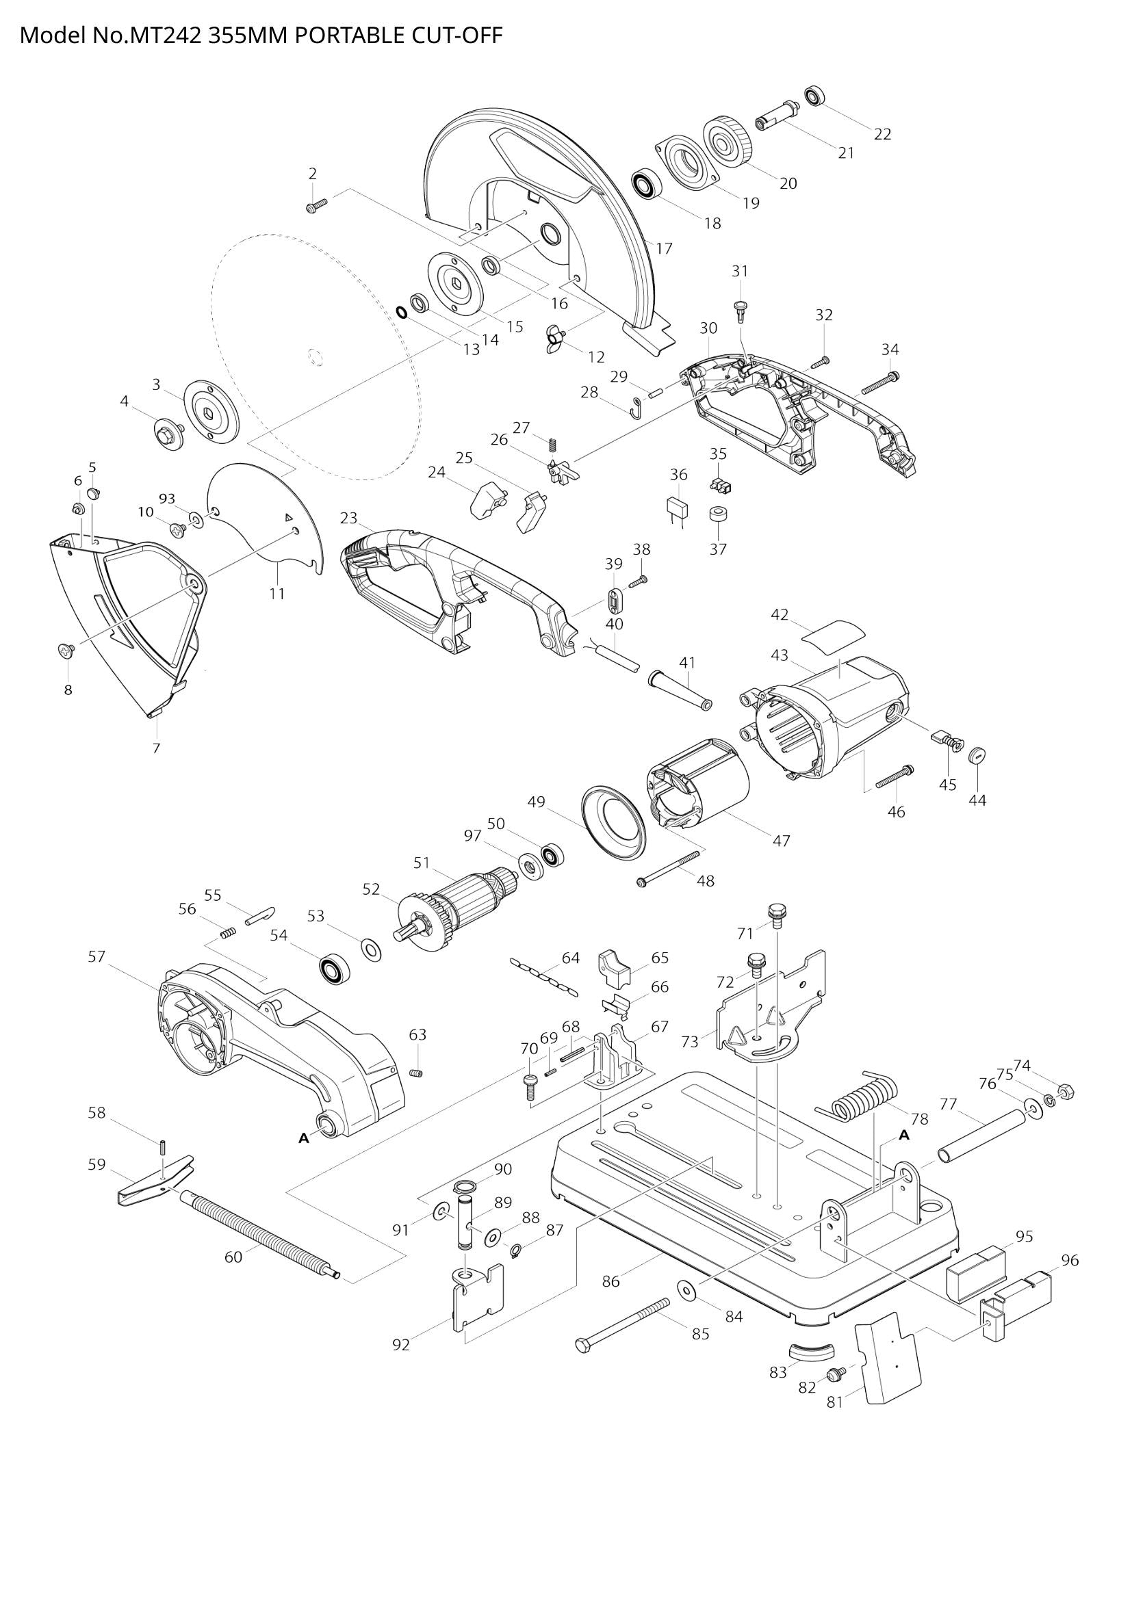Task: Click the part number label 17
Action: (664, 248)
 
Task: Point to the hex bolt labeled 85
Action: (622, 1323)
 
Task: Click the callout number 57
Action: (97, 957)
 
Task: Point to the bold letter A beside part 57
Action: (303, 1138)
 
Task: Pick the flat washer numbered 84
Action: (686, 1290)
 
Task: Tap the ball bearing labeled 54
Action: (335, 969)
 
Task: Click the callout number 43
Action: (780, 655)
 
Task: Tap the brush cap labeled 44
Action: (979, 755)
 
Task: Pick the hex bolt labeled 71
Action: (777, 914)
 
